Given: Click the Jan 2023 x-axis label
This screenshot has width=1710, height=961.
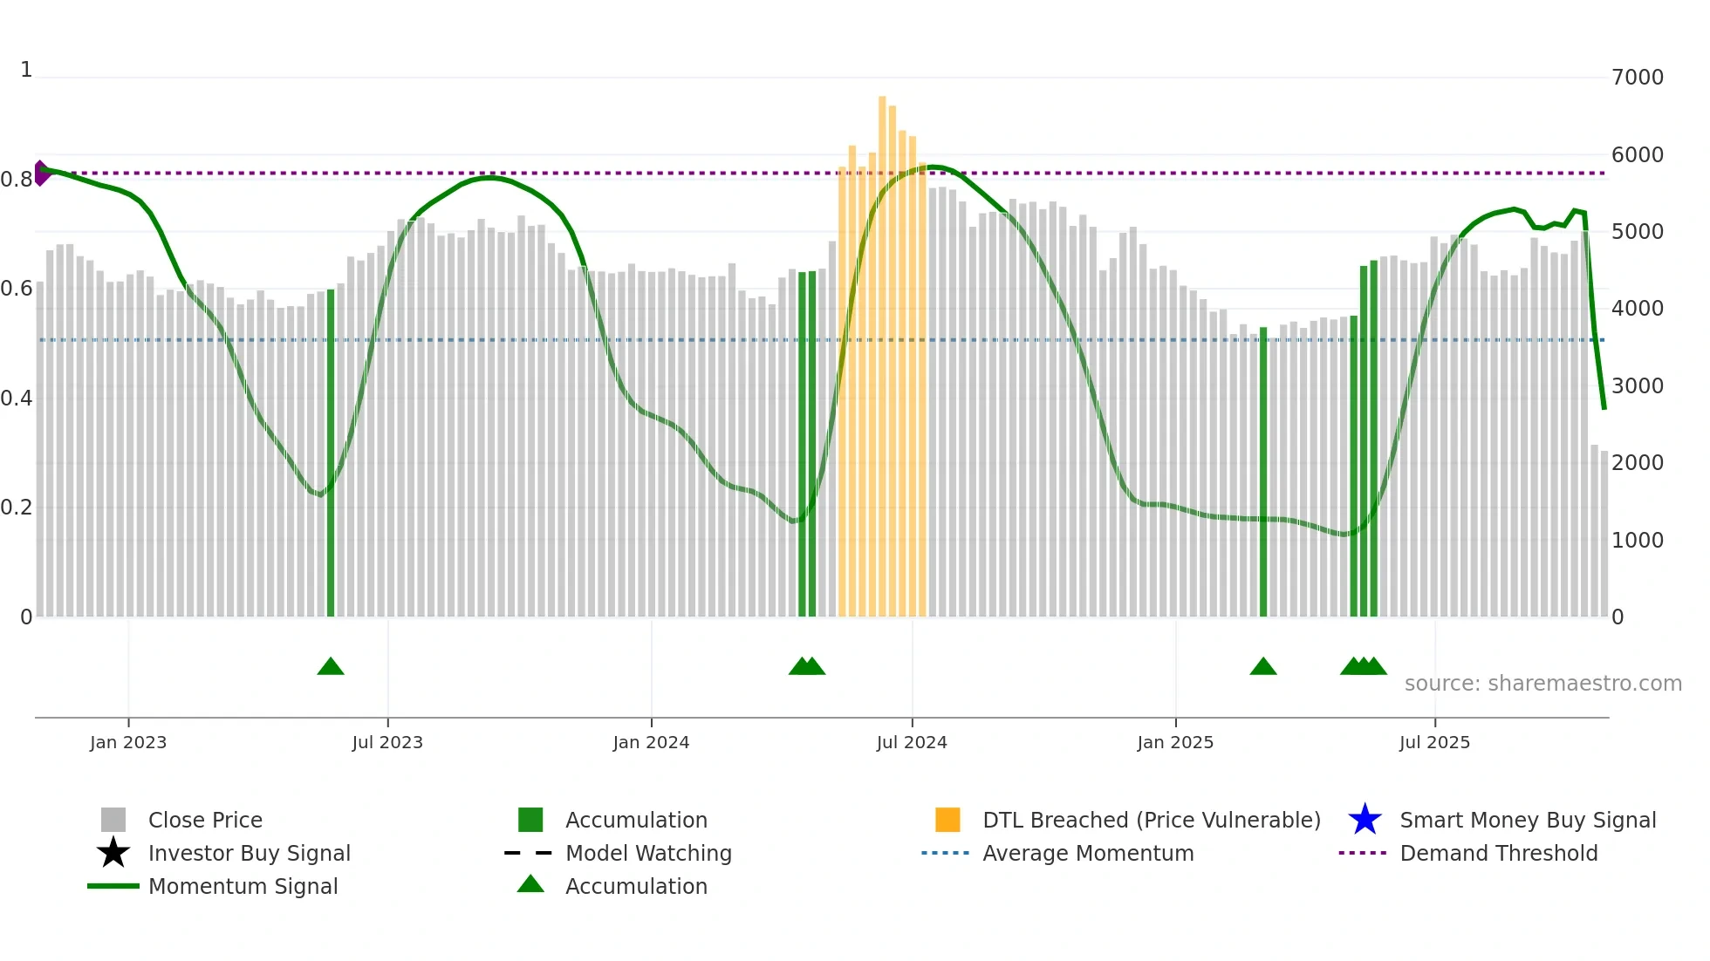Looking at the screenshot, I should point(127,742).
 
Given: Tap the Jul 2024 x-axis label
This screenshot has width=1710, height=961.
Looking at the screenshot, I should point(912,742).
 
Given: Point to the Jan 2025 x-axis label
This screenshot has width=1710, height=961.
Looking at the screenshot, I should point(1175,742).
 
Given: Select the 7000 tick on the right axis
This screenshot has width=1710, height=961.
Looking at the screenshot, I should point(1637,78).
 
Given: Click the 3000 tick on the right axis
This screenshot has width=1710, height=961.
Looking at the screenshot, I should point(1637,386).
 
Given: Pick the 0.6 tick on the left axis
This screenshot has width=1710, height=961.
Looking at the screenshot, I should point(17,289).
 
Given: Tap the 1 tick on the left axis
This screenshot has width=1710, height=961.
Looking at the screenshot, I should point(26,70).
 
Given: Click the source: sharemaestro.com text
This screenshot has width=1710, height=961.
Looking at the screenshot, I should point(1542,684).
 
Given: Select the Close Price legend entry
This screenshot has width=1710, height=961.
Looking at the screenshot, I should point(205,820).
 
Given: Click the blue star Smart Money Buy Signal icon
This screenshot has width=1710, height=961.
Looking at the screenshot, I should point(1365,820).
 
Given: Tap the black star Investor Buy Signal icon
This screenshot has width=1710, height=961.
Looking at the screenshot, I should point(113,853).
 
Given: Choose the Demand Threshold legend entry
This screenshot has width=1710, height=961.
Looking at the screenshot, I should point(1498,853).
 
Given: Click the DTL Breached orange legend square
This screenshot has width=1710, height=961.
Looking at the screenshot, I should point(947,820).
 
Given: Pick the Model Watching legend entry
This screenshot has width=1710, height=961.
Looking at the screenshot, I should point(648,853).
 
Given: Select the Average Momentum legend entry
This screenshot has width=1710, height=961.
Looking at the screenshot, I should point(1088,853).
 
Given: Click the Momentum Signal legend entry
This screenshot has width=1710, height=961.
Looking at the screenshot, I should point(243,886).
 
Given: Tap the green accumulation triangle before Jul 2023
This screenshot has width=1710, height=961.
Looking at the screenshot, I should point(331,667).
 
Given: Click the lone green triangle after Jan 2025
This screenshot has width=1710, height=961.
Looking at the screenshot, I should point(1263,667).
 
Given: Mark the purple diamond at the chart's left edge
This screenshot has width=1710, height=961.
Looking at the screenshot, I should point(41,173).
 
